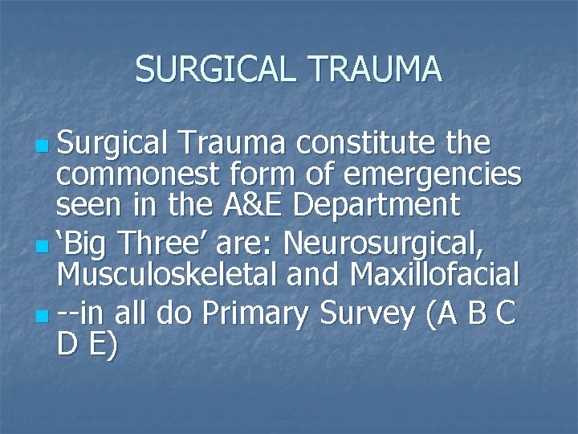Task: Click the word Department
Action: tap(377, 206)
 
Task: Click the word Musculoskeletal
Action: tap(170, 276)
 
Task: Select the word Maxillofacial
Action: tap(434, 276)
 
